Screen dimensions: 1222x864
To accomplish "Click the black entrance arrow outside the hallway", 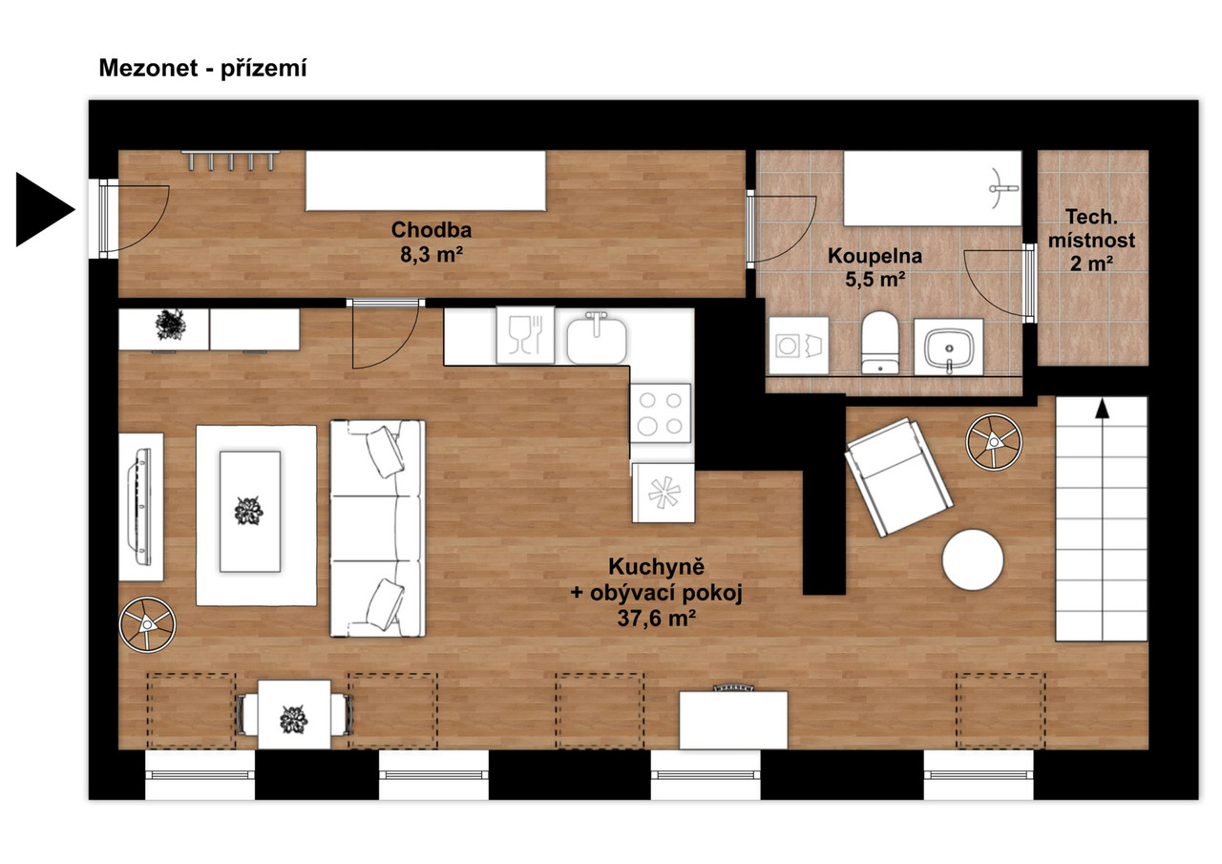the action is coord(43,209).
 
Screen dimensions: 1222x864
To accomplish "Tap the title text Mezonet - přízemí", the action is coord(202,69).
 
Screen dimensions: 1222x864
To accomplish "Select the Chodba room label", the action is coord(431,230).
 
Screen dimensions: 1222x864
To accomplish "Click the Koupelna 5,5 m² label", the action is coord(875,267).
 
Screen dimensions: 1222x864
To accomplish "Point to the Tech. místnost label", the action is coord(1091,228).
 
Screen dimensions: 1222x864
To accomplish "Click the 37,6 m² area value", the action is coord(656,618).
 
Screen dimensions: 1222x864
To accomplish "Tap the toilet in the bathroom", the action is coord(879,342).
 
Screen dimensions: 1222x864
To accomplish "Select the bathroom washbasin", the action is coord(949,348).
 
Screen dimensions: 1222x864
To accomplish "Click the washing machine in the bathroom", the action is coord(799,346).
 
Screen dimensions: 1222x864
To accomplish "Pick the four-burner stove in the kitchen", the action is coord(661,413).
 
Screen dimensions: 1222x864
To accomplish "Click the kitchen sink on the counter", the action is coord(597,338).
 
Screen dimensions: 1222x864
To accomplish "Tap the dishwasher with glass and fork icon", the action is coord(525,335).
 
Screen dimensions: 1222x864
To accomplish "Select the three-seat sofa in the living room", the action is coord(377,528).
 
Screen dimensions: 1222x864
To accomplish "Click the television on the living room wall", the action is coord(140,508).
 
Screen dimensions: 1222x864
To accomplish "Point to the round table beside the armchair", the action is coord(973,559).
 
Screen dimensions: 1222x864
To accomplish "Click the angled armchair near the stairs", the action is coord(898,477).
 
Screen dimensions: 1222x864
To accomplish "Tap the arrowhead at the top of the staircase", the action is coord(1102,408).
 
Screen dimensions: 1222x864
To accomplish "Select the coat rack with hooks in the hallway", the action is coord(230,160).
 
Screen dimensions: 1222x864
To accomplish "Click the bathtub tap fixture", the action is coord(1002,189).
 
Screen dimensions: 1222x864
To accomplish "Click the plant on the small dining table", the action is coord(293,720).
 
